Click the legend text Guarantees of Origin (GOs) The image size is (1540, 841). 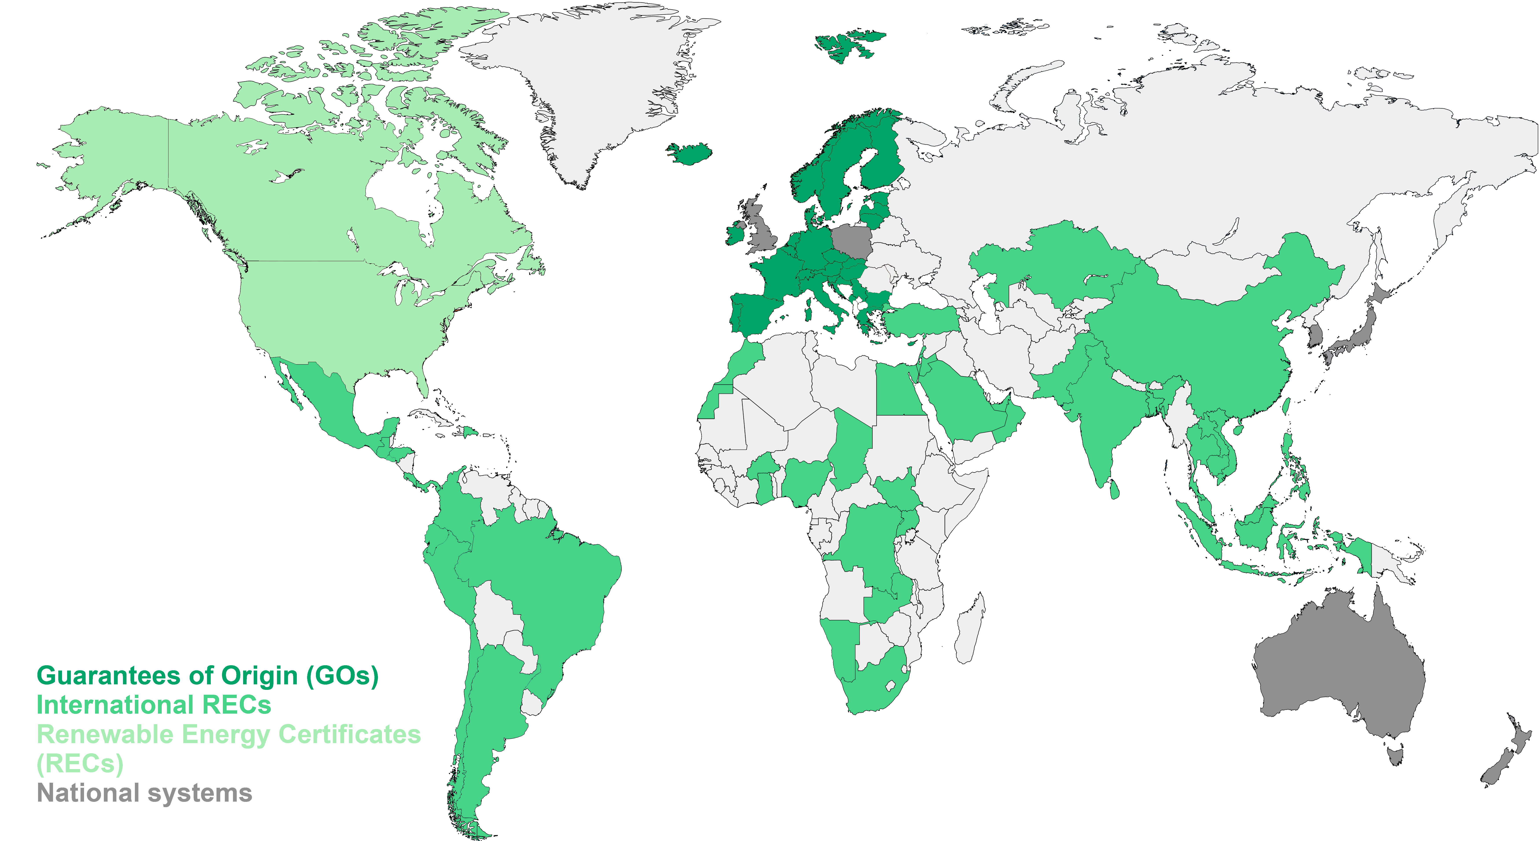[x=207, y=676]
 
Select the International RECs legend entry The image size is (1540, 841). [x=154, y=705]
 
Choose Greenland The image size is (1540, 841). [x=592, y=84]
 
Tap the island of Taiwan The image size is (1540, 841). [x=1287, y=407]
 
